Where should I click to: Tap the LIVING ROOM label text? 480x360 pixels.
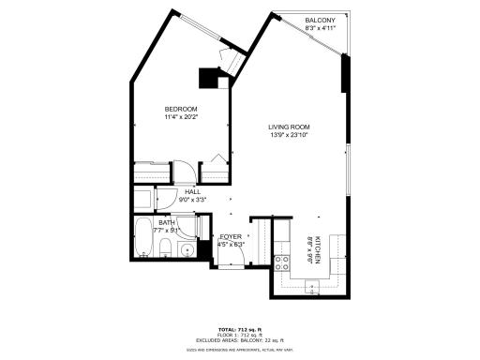289,127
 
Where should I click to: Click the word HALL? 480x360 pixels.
192,191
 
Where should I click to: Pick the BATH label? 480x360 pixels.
165,221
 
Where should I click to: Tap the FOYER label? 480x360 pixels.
231,236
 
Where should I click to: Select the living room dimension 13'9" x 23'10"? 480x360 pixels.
289,136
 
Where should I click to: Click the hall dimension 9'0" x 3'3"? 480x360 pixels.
192,199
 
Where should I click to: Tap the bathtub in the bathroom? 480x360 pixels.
143,239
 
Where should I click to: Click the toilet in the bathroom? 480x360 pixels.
165,248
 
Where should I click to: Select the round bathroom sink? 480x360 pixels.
187,250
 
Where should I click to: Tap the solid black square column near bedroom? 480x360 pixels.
207,79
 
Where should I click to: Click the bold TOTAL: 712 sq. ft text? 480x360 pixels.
240,330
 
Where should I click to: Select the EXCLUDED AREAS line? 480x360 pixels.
240,340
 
